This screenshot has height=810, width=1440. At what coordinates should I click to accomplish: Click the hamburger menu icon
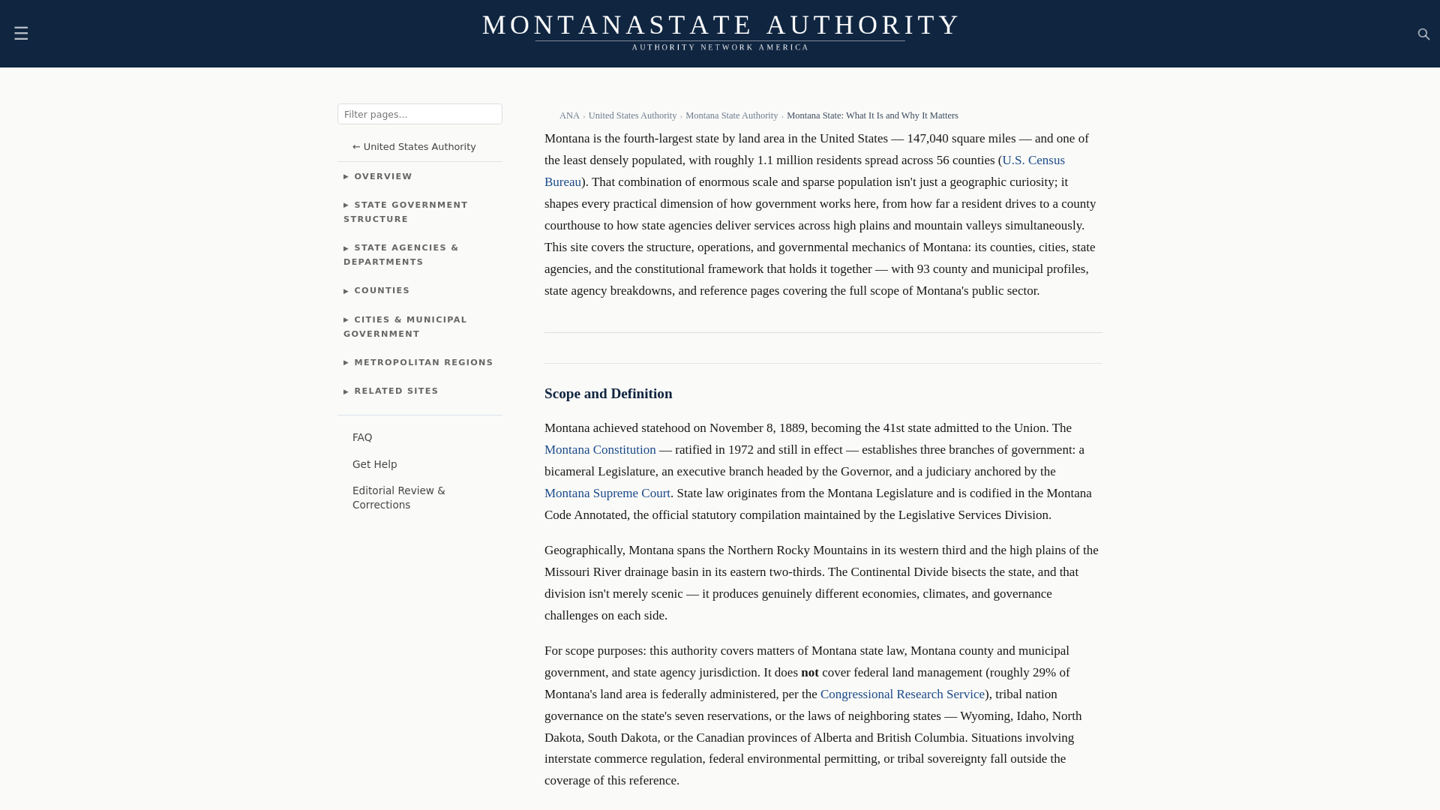pyautogui.click(x=21, y=33)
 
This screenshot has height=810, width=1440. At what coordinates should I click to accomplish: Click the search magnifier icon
pyautogui.click(x=1423, y=34)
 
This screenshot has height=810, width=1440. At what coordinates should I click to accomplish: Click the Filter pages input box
pyautogui.click(x=419, y=114)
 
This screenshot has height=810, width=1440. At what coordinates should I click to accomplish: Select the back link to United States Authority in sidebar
pyautogui.click(x=414, y=147)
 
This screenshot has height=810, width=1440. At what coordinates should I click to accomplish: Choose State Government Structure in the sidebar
pyautogui.click(x=406, y=211)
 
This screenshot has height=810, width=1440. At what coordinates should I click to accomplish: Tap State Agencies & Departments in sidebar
pyautogui.click(x=401, y=254)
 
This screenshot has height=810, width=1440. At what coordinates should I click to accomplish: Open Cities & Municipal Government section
pyautogui.click(x=406, y=326)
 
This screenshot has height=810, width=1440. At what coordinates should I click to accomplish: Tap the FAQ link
pyautogui.click(x=362, y=437)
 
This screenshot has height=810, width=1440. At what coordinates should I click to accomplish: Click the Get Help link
pyautogui.click(x=374, y=464)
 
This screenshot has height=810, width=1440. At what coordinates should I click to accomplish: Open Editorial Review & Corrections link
pyautogui.click(x=398, y=497)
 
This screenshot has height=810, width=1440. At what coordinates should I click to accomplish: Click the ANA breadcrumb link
pyautogui.click(x=569, y=115)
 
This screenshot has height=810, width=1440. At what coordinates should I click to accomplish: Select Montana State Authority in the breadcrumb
pyautogui.click(x=731, y=115)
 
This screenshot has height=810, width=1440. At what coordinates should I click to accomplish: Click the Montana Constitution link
pyautogui.click(x=600, y=449)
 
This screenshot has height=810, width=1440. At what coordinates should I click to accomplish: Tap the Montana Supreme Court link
pyautogui.click(x=607, y=493)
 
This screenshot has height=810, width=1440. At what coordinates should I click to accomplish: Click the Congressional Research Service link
pyautogui.click(x=902, y=694)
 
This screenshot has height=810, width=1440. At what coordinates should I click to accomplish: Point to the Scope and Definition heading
pyautogui.click(x=608, y=394)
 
